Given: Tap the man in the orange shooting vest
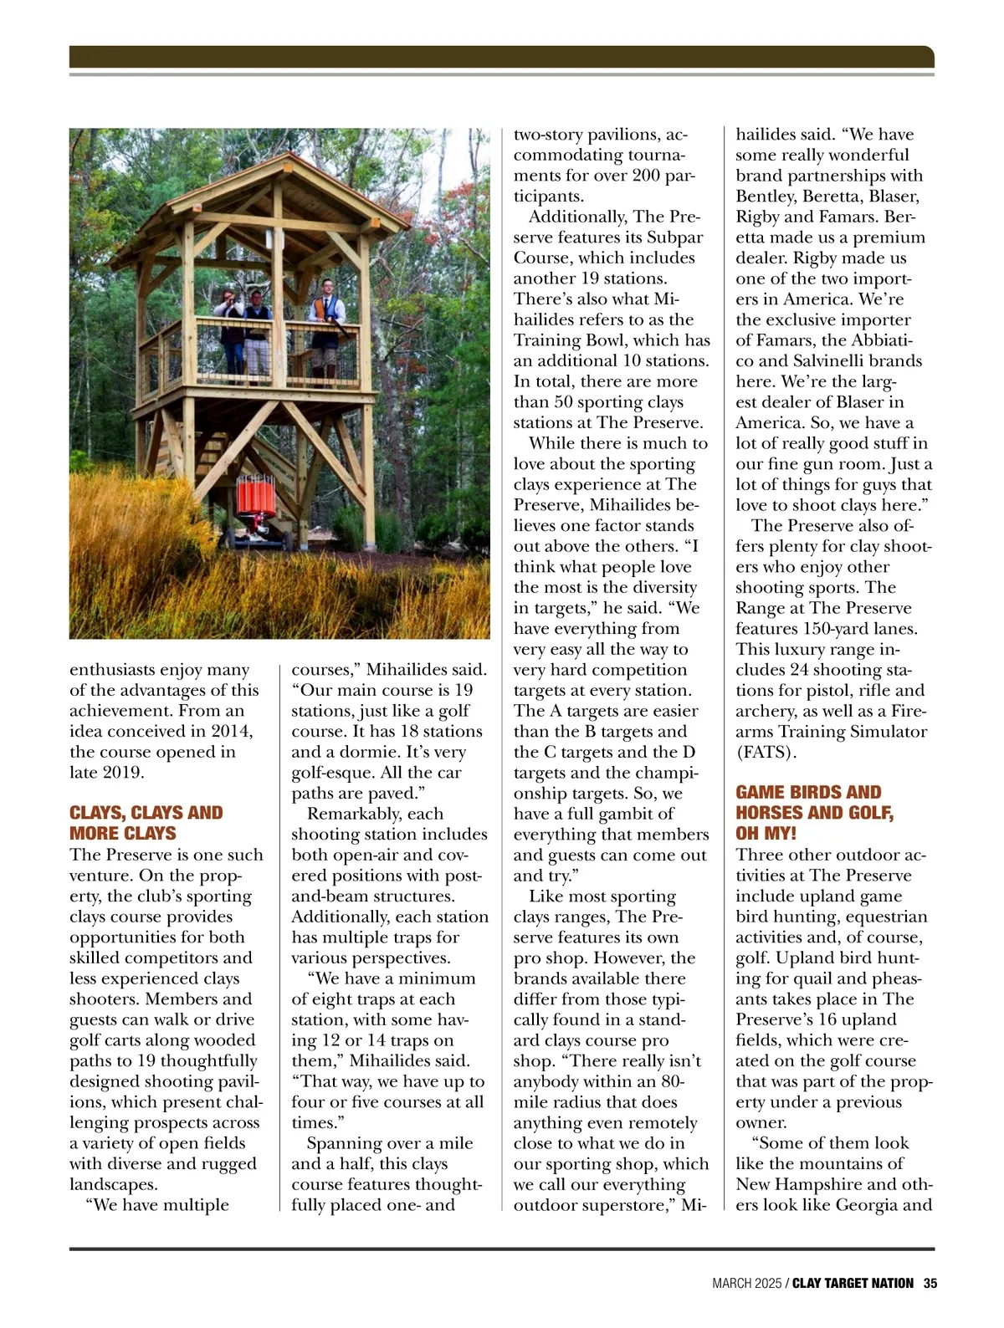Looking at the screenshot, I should tap(325, 326).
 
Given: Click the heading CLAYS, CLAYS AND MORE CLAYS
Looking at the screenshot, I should tap(146, 823).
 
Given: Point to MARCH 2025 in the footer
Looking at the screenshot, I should tap(746, 1283).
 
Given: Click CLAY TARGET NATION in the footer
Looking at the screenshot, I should tap(853, 1283).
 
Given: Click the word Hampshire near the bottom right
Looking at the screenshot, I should tap(817, 1185).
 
